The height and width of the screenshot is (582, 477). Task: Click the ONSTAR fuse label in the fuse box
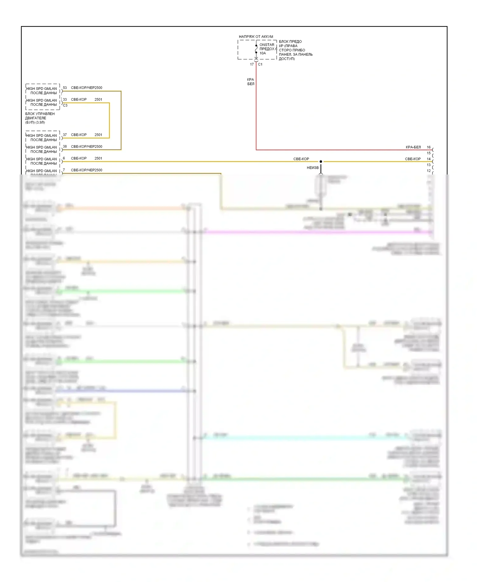[266, 45]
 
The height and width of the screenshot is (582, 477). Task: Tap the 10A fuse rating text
[263, 53]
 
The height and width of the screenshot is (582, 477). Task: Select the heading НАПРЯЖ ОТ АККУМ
[256, 37]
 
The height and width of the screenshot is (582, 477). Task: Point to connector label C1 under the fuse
[260, 64]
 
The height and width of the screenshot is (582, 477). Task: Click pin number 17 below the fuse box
[252, 64]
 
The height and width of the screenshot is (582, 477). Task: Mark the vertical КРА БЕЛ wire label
[251, 82]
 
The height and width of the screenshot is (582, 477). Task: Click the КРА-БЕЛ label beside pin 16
[413, 147]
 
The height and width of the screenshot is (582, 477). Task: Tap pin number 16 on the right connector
[429, 147]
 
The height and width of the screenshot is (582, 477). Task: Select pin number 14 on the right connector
[429, 159]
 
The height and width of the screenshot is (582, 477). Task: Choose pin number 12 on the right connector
[429, 171]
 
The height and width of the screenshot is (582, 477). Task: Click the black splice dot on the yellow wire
[321, 162]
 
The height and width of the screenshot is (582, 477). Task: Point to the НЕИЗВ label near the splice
[313, 168]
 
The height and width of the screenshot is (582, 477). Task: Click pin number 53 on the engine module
[65, 88]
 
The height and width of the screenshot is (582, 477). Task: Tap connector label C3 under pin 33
[65, 105]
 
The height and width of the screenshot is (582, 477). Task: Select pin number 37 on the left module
[65, 135]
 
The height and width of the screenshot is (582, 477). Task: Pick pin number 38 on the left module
[65, 146]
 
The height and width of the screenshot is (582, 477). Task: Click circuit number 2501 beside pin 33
[98, 99]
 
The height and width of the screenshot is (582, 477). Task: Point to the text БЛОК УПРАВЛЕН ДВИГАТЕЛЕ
[40, 116]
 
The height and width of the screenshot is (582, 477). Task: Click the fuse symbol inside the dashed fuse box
[256, 49]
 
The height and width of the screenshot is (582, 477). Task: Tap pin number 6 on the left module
[64, 158]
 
